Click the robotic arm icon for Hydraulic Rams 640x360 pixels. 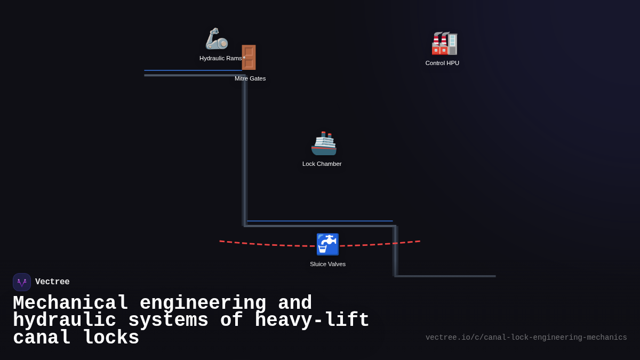point(217,39)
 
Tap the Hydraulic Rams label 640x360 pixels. point(220,58)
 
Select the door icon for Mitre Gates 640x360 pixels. point(249,58)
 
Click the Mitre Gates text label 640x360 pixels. point(250,78)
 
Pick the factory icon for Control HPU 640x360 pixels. point(444,43)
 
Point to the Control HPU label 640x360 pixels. point(442,63)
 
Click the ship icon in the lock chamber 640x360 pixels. point(324,143)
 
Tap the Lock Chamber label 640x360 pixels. point(322,164)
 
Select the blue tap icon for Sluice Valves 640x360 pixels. point(327,244)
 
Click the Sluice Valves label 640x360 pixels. point(327,264)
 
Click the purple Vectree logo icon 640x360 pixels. point(22,282)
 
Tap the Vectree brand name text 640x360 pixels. point(52,282)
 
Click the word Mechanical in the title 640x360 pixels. point(70,303)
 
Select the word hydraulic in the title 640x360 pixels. point(64,321)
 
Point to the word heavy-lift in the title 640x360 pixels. point(312,321)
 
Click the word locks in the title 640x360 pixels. point(111,338)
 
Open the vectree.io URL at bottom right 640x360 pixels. point(526,338)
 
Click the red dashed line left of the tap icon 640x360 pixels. point(267,244)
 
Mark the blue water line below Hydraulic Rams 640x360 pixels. point(193,70)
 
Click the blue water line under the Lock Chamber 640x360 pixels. point(320,221)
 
